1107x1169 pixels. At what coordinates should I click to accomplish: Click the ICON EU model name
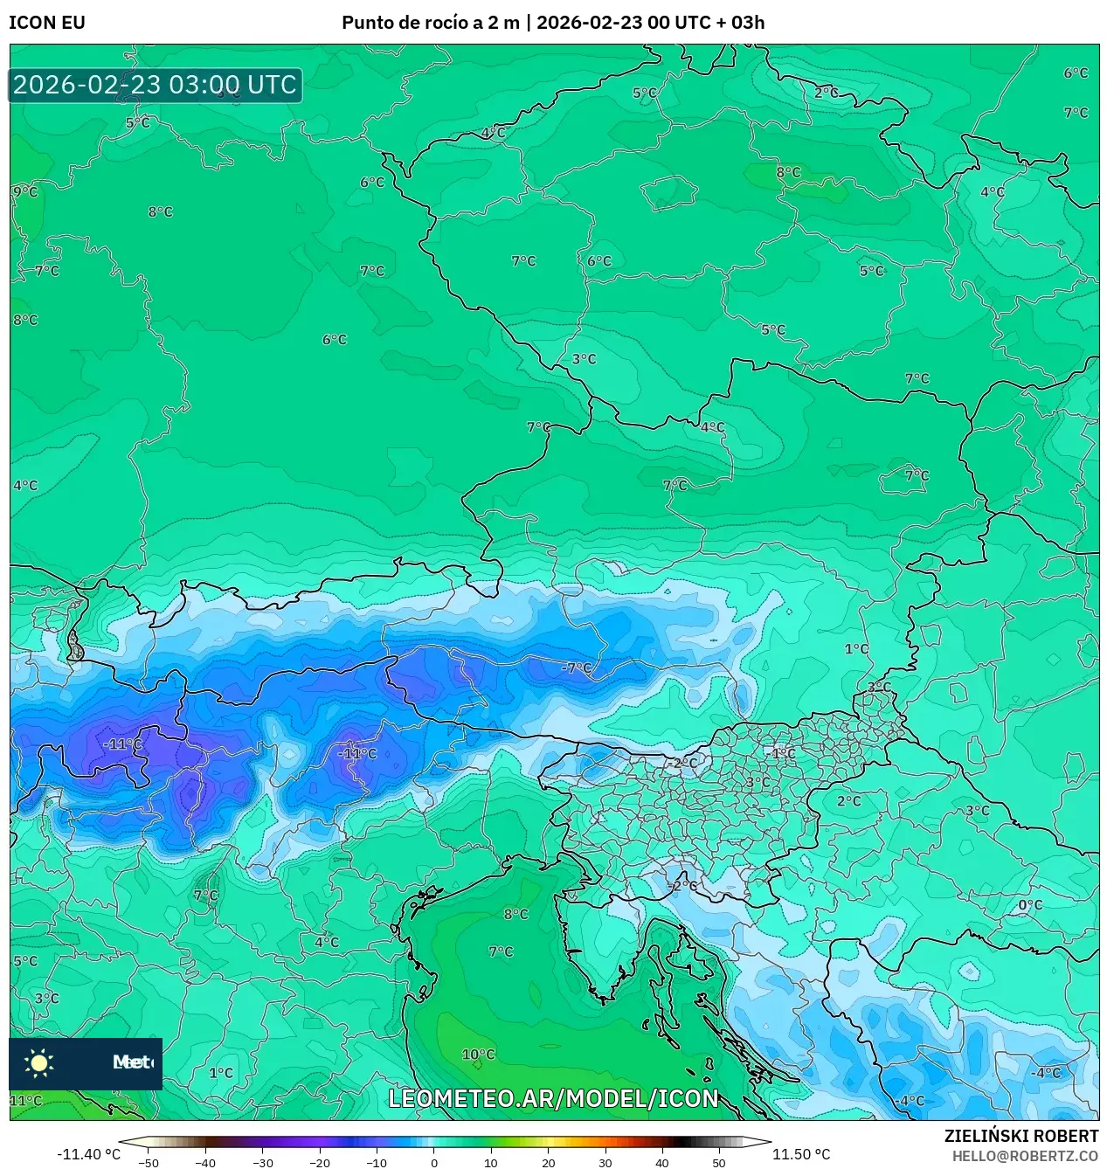(x=47, y=23)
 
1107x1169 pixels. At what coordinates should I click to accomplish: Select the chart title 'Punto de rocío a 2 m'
(x=430, y=23)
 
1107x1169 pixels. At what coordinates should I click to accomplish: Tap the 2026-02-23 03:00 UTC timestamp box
(x=156, y=85)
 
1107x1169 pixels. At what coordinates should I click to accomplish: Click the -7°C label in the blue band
(x=577, y=668)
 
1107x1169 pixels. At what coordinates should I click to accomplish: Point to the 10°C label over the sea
(x=478, y=1055)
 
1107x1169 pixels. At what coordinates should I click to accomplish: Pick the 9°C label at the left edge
(x=25, y=191)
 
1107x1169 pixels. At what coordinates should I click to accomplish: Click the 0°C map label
(x=1030, y=905)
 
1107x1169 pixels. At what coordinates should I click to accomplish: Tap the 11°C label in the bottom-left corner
(x=25, y=1101)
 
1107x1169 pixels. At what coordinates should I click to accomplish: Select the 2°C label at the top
(x=826, y=93)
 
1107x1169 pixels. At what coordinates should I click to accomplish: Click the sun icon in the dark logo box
(x=39, y=1062)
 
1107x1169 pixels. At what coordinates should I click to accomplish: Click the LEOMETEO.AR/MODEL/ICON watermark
(x=553, y=1098)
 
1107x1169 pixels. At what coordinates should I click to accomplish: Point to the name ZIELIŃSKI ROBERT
(x=1021, y=1136)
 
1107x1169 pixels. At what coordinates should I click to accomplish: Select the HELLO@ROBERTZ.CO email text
(x=1025, y=1156)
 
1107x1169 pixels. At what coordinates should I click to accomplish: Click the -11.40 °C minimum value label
(x=88, y=1154)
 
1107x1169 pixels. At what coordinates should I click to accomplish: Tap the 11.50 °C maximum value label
(x=801, y=1154)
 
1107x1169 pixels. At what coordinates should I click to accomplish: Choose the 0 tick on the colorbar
(x=434, y=1163)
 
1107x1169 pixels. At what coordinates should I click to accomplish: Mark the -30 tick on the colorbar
(x=262, y=1163)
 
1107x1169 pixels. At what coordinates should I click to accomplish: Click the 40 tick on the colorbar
(x=661, y=1163)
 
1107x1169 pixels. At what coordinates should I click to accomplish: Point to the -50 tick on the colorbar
(x=149, y=1163)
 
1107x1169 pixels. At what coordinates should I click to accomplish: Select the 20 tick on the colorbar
(x=548, y=1163)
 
